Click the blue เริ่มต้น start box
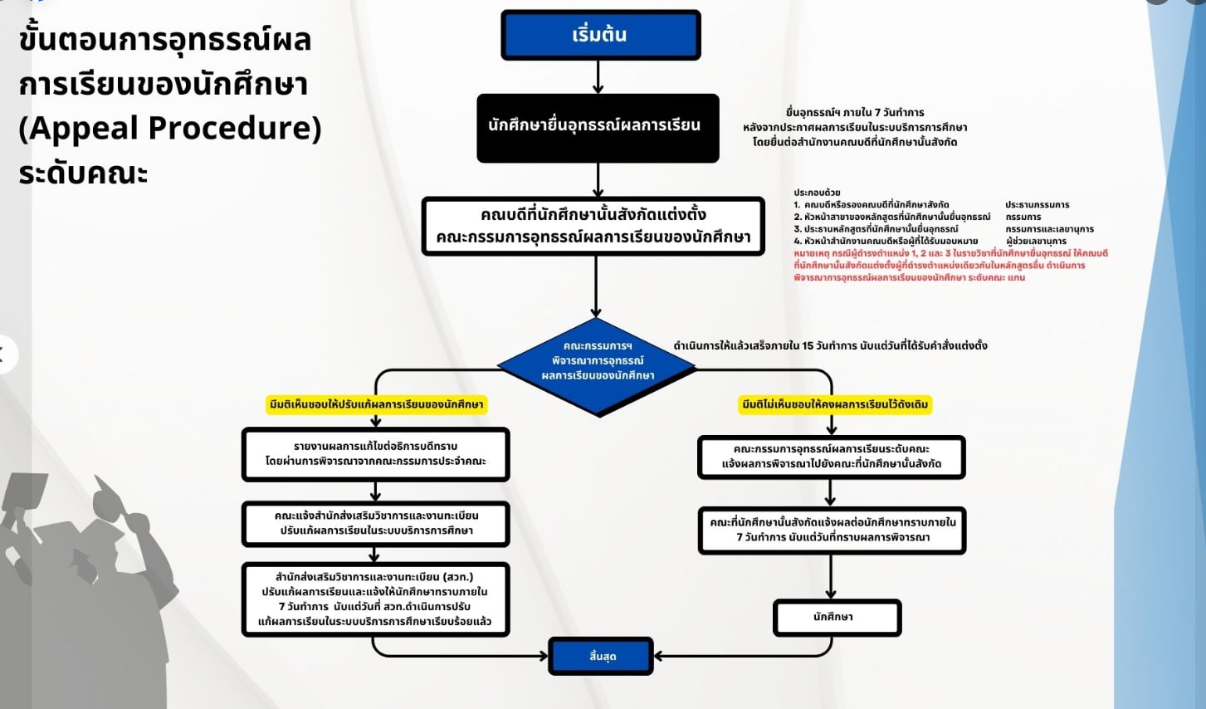(600, 35)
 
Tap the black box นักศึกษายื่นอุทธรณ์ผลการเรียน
(597, 127)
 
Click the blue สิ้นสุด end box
(602, 656)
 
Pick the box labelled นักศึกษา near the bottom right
(836, 618)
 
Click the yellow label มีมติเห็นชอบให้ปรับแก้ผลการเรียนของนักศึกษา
(376, 404)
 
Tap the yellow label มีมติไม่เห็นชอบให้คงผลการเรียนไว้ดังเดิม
(835, 404)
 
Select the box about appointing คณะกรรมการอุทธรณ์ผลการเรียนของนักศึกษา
(593, 226)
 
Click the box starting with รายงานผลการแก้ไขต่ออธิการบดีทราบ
(375, 454)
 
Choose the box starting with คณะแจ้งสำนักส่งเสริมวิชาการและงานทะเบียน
(375, 523)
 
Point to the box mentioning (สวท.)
(375, 599)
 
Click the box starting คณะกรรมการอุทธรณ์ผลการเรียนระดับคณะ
(831, 457)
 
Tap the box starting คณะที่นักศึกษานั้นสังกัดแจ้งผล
(832, 530)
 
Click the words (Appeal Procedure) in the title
(169, 128)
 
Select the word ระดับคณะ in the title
(83, 173)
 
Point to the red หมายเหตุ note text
(950, 265)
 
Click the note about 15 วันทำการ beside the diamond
(830, 345)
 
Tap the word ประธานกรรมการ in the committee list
(1037, 204)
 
